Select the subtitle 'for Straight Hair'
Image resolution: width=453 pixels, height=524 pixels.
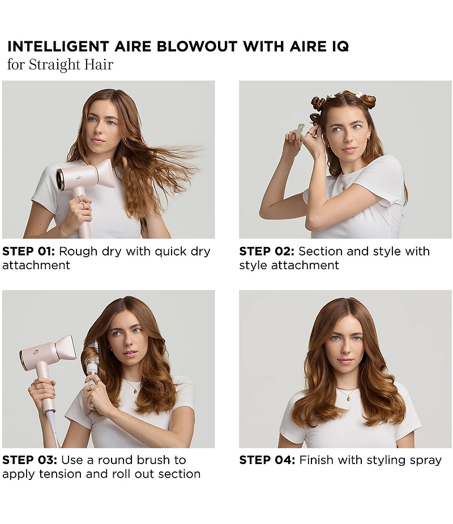(60, 64)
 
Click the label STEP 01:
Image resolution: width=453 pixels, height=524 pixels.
(28, 252)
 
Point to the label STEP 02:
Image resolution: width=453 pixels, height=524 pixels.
(266, 252)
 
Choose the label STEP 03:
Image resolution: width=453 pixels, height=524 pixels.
(29, 460)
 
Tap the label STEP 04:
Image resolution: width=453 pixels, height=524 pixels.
(267, 460)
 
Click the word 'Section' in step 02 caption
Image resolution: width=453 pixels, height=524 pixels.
(320, 252)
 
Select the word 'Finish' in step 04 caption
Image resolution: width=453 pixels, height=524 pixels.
(316, 460)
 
